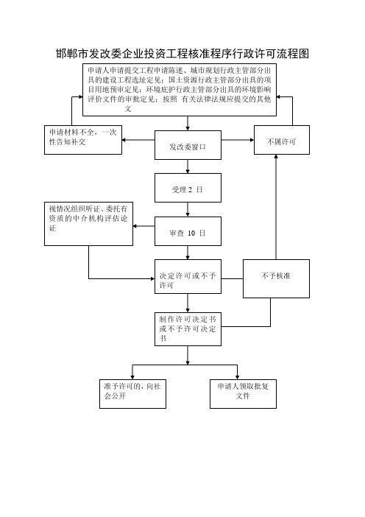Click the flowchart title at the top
coord(182,54)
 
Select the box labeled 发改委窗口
coord(188,145)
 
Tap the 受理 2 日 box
coord(188,188)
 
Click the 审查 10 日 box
coord(188,231)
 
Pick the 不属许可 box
coord(282,140)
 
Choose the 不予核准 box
coord(276,278)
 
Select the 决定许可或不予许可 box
coord(188,277)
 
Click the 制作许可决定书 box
coord(188,329)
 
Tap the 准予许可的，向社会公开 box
coord(132,394)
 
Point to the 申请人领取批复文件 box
coord(243,394)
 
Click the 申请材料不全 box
coord(83,140)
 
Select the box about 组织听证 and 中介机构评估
coord(88,224)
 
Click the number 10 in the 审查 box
coord(191,233)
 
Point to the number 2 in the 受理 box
coord(190,189)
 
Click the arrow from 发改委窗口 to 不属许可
coord(238,140)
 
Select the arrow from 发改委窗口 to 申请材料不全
coord(138,140)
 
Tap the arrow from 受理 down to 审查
coord(188,209)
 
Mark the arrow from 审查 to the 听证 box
coord(144,226)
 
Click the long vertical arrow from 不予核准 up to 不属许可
coord(276,207)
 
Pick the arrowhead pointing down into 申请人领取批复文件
coord(237,377)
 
